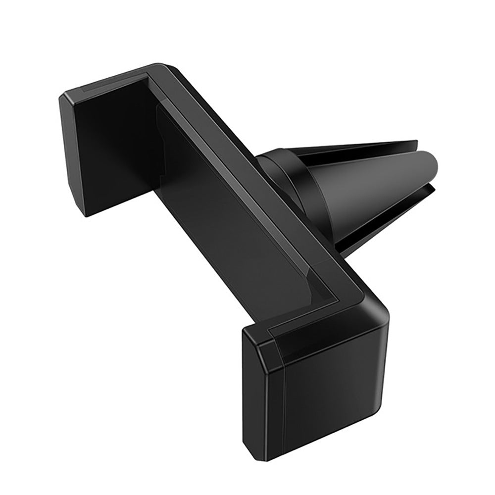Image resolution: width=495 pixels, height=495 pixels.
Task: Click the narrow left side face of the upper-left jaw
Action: point(69,158)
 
